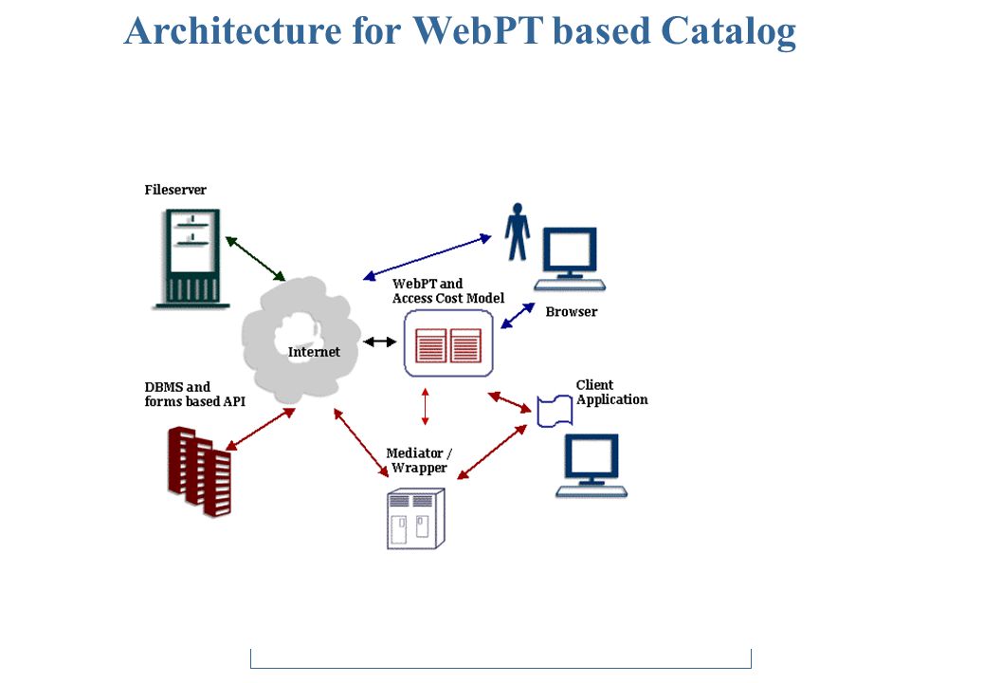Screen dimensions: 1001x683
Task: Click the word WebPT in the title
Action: coord(478,30)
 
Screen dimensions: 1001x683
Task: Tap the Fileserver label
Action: coord(175,190)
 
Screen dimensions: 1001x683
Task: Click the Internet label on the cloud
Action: coord(314,351)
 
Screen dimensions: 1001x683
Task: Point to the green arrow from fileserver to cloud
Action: coord(255,259)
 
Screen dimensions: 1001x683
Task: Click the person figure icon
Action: coord(518,231)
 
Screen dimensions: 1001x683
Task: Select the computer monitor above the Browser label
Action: coord(570,259)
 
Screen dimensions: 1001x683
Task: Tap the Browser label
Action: coord(572,312)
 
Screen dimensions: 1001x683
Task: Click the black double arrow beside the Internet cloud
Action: coord(380,341)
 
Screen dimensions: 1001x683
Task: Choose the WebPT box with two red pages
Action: coord(448,343)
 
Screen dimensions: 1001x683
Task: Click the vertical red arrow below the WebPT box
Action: coord(426,406)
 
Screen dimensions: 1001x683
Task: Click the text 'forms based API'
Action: coord(194,401)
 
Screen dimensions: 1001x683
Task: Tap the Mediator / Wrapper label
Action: coord(419,460)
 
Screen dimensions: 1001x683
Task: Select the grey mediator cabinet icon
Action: coord(415,519)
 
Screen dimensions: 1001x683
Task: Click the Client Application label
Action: coord(611,393)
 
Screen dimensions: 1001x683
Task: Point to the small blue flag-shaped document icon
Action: coord(555,411)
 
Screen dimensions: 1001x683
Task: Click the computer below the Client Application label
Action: coord(591,465)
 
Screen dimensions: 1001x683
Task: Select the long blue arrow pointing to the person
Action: coord(428,257)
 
